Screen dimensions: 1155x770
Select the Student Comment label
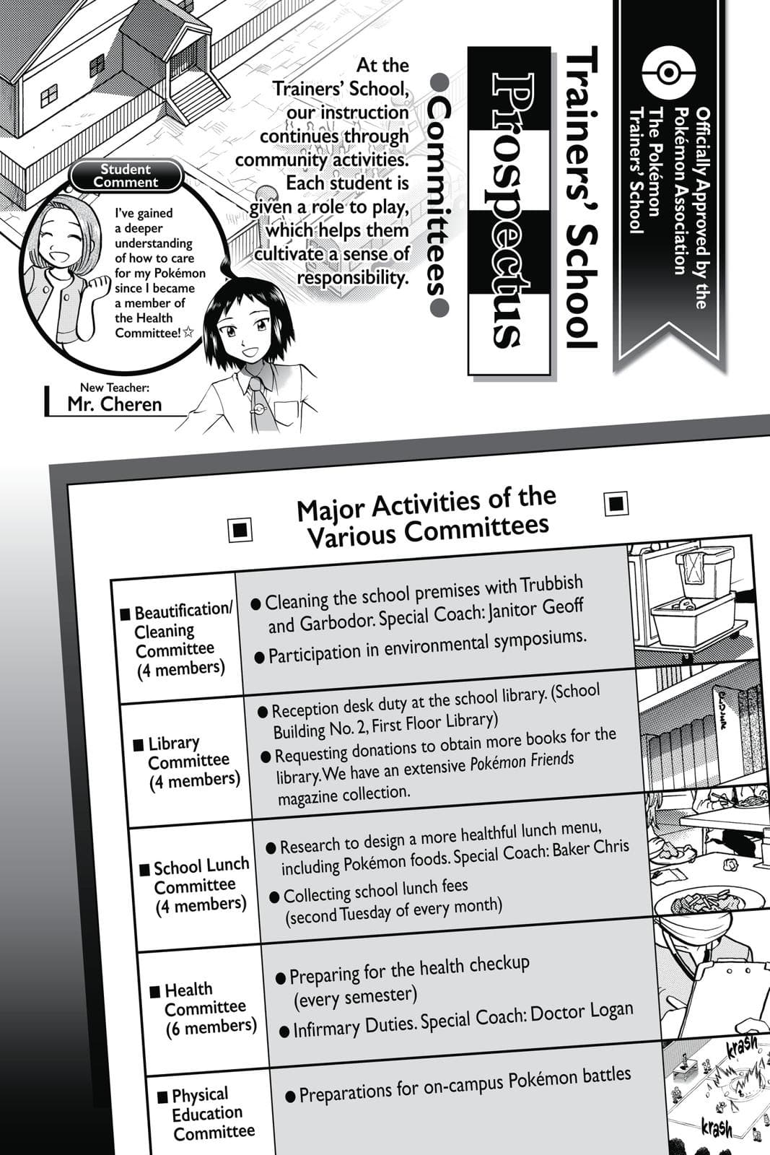[126, 175]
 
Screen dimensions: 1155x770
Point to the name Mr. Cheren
[114, 404]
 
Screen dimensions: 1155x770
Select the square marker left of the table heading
[240, 530]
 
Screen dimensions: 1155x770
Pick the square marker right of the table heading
[616, 503]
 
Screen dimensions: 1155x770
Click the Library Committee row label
[189, 762]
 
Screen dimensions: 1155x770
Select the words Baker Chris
[591, 849]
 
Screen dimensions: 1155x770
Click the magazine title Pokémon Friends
[522, 762]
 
